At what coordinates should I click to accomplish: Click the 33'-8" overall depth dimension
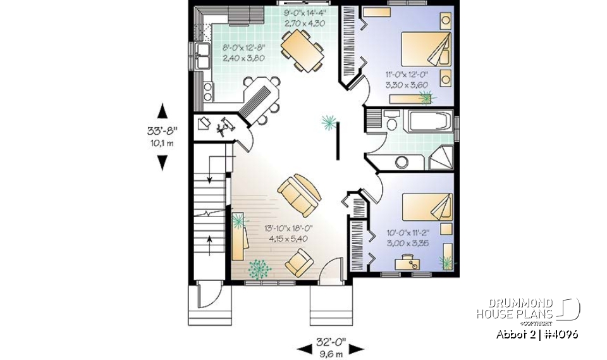(x=162, y=132)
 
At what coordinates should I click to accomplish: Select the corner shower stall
(x=442, y=158)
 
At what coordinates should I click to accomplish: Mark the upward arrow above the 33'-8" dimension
(x=162, y=110)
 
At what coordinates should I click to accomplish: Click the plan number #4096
(x=560, y=334)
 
